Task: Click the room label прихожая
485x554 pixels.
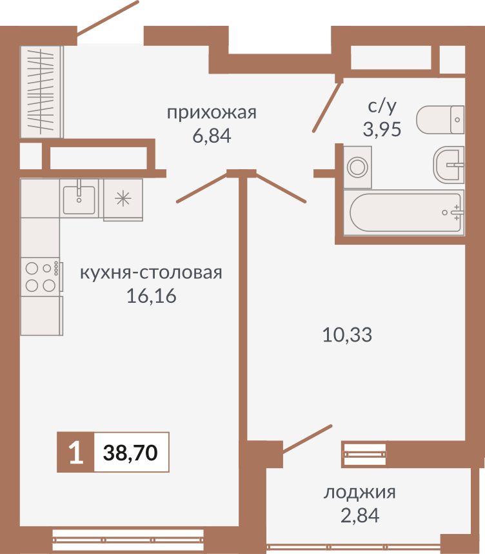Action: click(x=212, y=113)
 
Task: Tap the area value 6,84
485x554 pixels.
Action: click(x=212, y=136)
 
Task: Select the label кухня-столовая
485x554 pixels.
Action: click(x=151, y=272)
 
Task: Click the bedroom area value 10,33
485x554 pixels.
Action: click(x=347, y=335)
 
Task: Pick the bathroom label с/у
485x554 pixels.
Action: click(x=382, y=106)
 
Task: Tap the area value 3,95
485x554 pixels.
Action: click(x=382, y=129)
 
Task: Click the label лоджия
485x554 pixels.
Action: click(x=359, y=493)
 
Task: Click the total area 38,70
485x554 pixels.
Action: click(x=131, y=453)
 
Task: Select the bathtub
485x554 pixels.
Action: click(x=404, y=212)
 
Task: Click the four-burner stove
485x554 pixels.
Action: click(x=41, y=276)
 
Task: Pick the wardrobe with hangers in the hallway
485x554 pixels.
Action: click(x=41, y=91)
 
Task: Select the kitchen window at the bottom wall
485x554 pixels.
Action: click(x=128, y=535)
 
